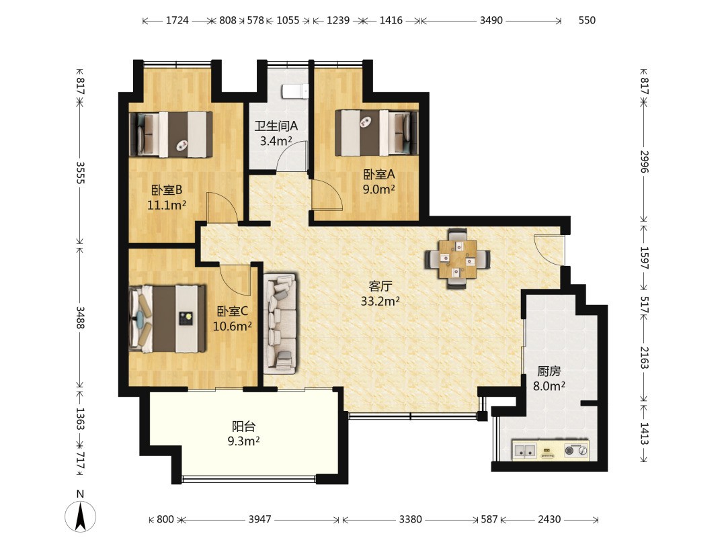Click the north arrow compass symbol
pyautogui.click(x=80, y=515)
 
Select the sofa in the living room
pyautogui.click(x=280, y=324)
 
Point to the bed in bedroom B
pyautogui.click(x=171, y=134)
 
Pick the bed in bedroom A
pyautogui.click(x=376, y=132)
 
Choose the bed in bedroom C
pyautogui.click(x=167, y=319)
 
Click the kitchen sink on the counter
pyautogui.click(x=525, y=450)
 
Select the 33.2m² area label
pyautogui.click(x=380, y=302)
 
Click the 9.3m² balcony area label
pyautogui.click(x=243, y=441)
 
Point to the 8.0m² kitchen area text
pyautogui.click(x=549, y=386)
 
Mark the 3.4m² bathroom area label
pyautogui.click(x=276, y=141)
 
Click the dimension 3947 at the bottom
pyautogui.click(x=259, y=519)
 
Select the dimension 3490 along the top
pyautogui.click(x=491, y=20)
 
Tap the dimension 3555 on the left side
pyautogui.click(x=80, y=172)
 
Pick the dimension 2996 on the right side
pyautogui.click(x=644, y=161)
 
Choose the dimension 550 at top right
pyautogui.click(x=587, y=20)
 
